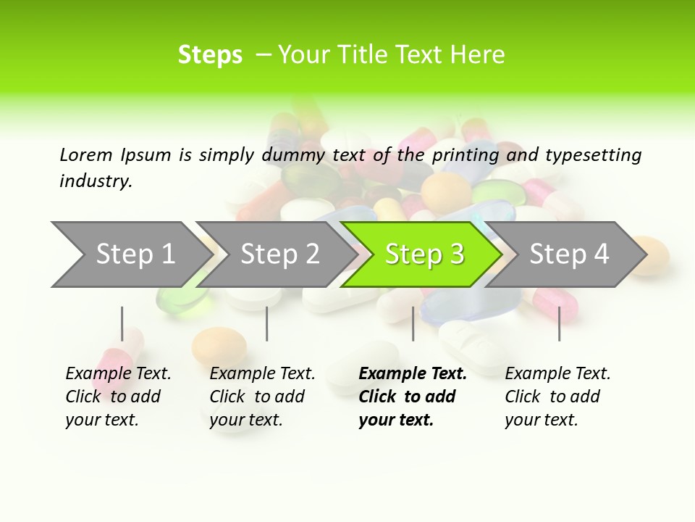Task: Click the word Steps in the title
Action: pyautogui.click(x=210, y=55)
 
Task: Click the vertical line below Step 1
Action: pyautogui.click(x=122, y=323)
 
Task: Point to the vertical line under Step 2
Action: pyautogui.click(x=267, y=323)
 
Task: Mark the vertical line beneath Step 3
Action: pyautogui.click(x=413, y=323)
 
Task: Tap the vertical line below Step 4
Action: pyautogui.click(x=559, y=323)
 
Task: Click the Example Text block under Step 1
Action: pyautogui.click(x=117, y=397)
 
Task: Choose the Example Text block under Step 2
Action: pyautogui.click(x=261, y=397)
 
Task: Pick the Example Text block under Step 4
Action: pyautogui.click(x=557, y=397)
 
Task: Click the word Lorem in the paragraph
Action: pyautogui.click(x=86, y=155)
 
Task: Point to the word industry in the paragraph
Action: pyautogui.click(x=95, y=181)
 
